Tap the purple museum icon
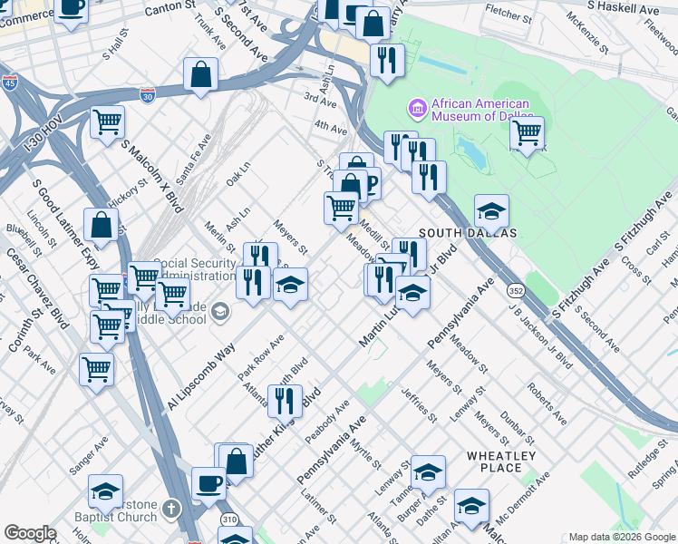417,110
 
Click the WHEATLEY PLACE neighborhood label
501,461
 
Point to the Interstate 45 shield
9,83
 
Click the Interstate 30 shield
147,93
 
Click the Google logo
30,533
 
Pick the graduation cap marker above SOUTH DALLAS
491,210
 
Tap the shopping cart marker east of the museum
526,132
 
